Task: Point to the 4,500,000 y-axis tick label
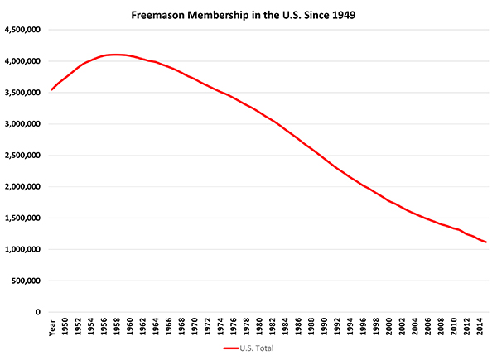(23, 30)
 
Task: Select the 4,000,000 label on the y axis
(23, 61)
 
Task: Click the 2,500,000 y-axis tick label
(23, 155)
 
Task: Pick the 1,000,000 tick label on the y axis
(23, 249)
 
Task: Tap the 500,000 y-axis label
(26, 281)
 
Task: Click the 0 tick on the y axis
(38, 312)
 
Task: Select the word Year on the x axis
(52, 328)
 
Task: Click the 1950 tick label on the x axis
(65, 326)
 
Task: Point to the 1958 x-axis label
(117, 326)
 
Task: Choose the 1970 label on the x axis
(195, 326)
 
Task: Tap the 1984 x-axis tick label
(285, 326)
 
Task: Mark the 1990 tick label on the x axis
(324, 326)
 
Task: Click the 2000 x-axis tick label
(389, 326)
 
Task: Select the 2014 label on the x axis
(480, 326)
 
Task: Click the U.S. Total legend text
(257, 348)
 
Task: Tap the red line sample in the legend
(231, 348)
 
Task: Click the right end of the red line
(486, 242)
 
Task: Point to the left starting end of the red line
(51, 90)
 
